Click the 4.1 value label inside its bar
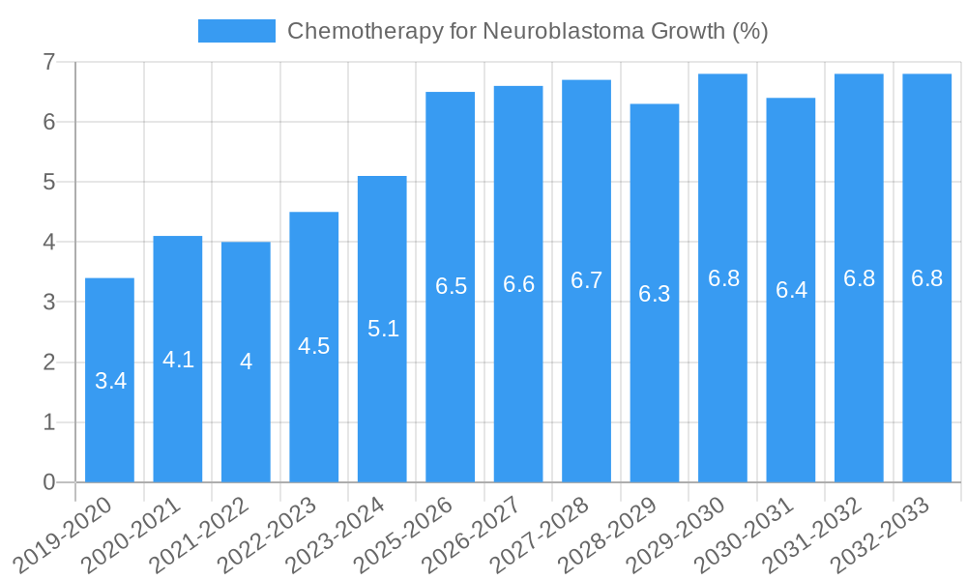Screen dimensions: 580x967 pyautogui.click(x=178, y=360)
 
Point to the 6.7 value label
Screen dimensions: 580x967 pyautogui.click(x=587, y=280)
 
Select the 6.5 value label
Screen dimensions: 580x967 pyautogui.click(x=451, y=286)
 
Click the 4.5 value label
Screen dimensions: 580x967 pyautogui.click(x=314, y=346)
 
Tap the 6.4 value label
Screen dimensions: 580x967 pyautogui.click(x=791, y=290)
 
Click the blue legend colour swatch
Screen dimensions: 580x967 pyautogui.click(x=236, y=31)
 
